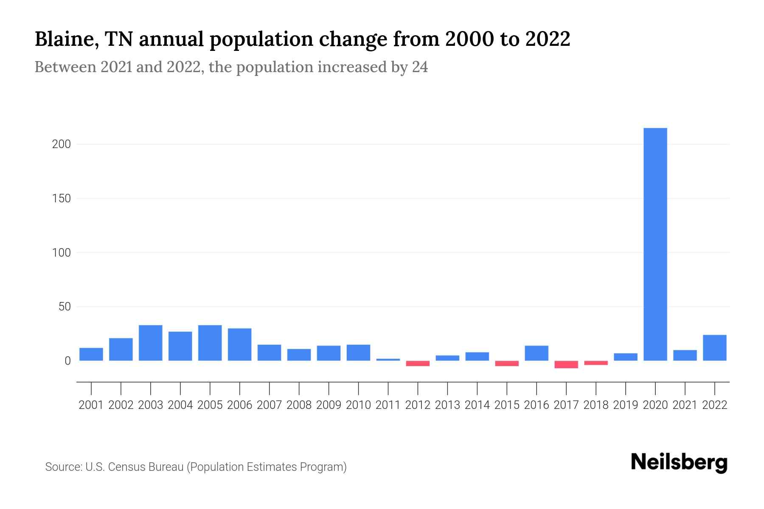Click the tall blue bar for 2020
655,244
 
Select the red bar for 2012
418,364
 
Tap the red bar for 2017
566,364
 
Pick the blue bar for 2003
151,343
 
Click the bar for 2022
715,348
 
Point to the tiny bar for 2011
388,360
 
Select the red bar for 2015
507,364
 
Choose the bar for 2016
536,353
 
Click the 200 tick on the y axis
61,144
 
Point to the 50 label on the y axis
65,307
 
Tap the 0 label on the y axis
67,361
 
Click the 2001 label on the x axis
91,405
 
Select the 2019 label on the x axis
626,405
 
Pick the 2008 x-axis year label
299,405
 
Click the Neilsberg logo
679,462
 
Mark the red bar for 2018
596,363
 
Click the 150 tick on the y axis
61,199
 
